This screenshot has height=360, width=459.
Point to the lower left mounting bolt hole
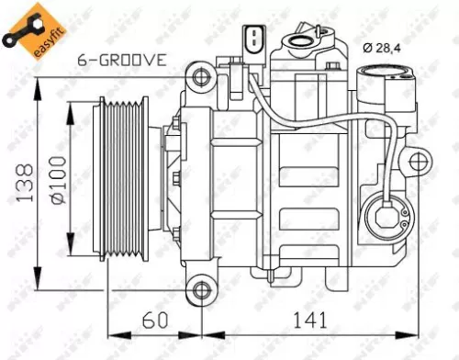(200, 291)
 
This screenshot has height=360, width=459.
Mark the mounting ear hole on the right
(420, 165)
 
